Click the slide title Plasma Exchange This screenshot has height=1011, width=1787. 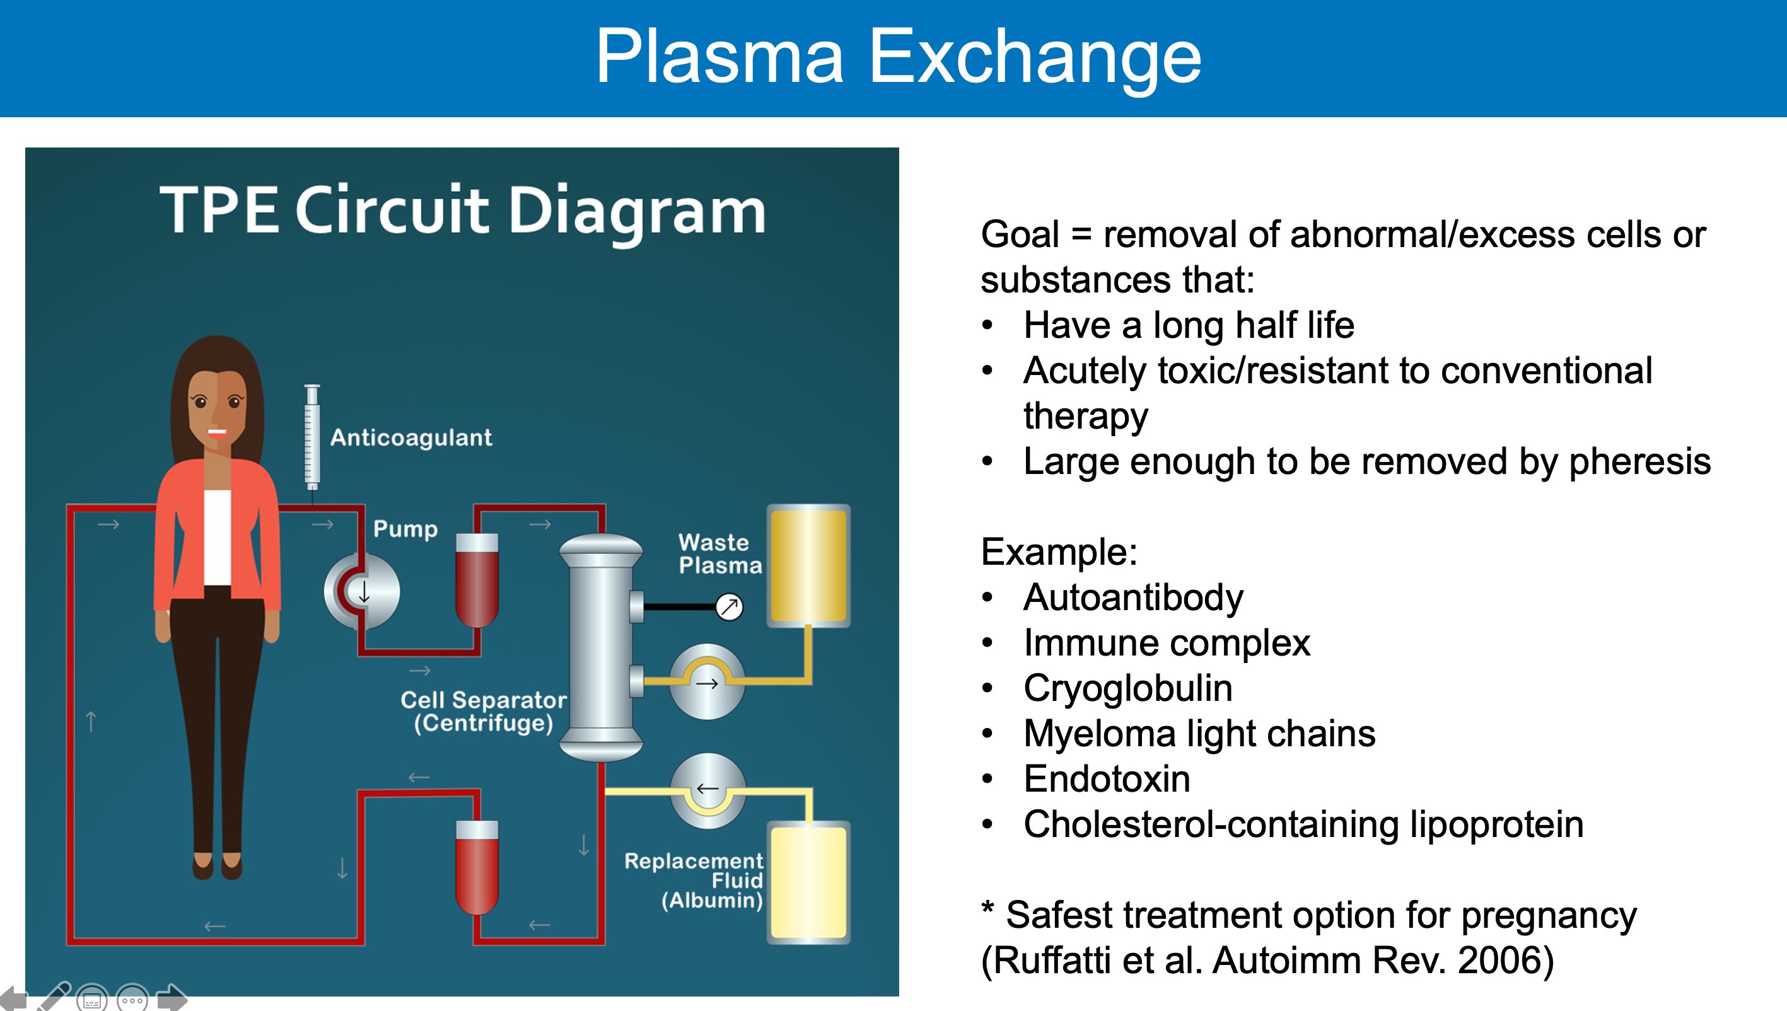tap(897, 57)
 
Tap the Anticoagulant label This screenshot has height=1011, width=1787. tap(410, 437)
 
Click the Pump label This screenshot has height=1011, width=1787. tap(405, 528)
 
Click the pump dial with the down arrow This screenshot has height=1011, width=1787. tap(363, 592)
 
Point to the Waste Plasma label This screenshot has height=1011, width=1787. tap(719, 554)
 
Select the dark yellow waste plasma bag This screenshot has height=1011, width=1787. tap(808, 567)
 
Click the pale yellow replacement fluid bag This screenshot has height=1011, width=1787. tap(808, 882)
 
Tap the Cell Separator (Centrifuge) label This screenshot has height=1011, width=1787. tap(484, 711)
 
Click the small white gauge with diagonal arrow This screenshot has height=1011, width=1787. tap(730, 607)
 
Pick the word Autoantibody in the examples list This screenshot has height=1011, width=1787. tap(1132, 598)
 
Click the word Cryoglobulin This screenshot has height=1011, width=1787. tap(1128, 688)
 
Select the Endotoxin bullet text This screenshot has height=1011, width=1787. tap(1107, 779)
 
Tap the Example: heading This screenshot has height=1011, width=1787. tap(1059, 552)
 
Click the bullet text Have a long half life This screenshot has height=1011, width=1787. tap(1189, 325)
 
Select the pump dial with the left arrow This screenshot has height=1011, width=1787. tap(707, 790)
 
